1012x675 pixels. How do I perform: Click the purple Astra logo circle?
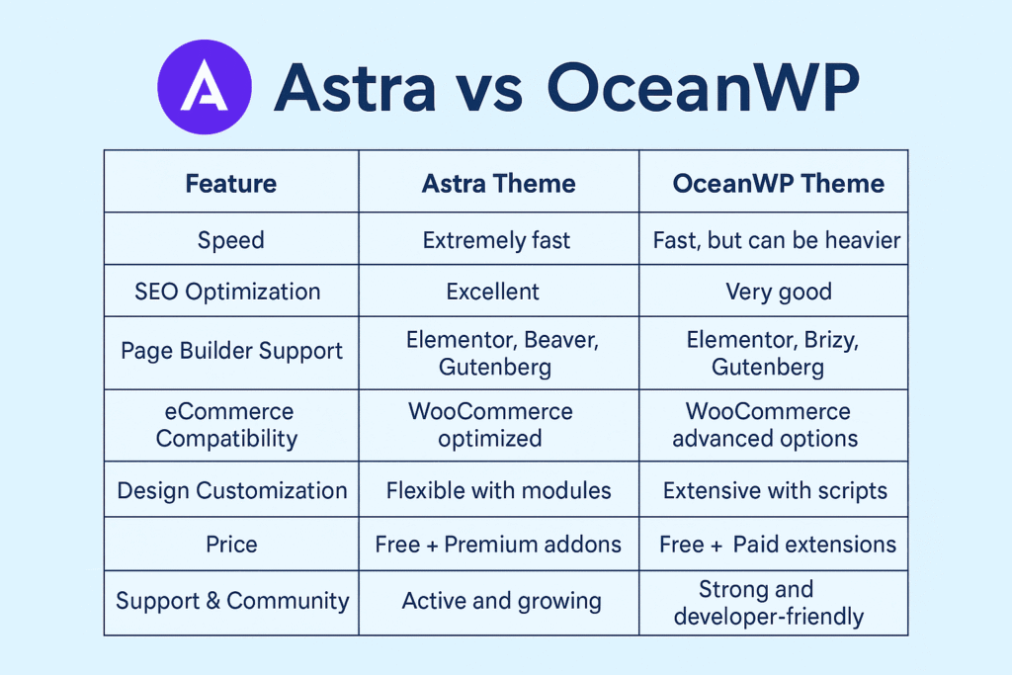[x=205, y=87]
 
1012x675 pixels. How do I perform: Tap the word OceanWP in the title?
[x=704, y=87]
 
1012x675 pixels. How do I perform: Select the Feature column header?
[x=231, y=183]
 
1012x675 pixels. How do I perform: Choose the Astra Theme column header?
[x=498, y=183]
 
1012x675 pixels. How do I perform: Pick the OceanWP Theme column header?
[x=779, y=183]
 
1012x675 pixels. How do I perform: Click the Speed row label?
[x=231, y=240]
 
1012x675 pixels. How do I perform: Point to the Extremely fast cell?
[x=496, y=240]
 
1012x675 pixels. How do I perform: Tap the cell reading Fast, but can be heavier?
[x=777, y=240]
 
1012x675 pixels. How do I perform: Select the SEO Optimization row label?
[x=227, y=292]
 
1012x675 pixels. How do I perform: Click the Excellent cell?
[x=492, y=292]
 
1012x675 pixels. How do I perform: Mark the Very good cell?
[x=779, y=292]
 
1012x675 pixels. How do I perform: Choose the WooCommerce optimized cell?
[x=490, y=425]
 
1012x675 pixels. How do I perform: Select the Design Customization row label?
[x=231, y=490]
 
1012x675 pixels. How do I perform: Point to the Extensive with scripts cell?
[x=775, y=490]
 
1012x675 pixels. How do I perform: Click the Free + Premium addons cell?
[x=498, y=544]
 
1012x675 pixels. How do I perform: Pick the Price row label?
[x=231, y=544]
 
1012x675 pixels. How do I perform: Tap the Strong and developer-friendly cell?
[x=769, y=603]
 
